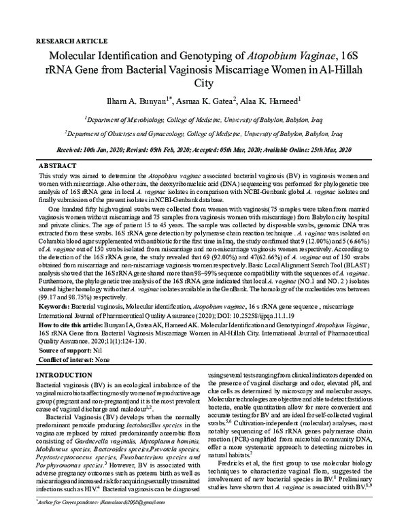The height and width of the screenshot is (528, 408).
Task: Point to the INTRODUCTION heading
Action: point(64,376)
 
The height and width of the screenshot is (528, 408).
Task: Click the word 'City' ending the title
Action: point(204,84)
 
